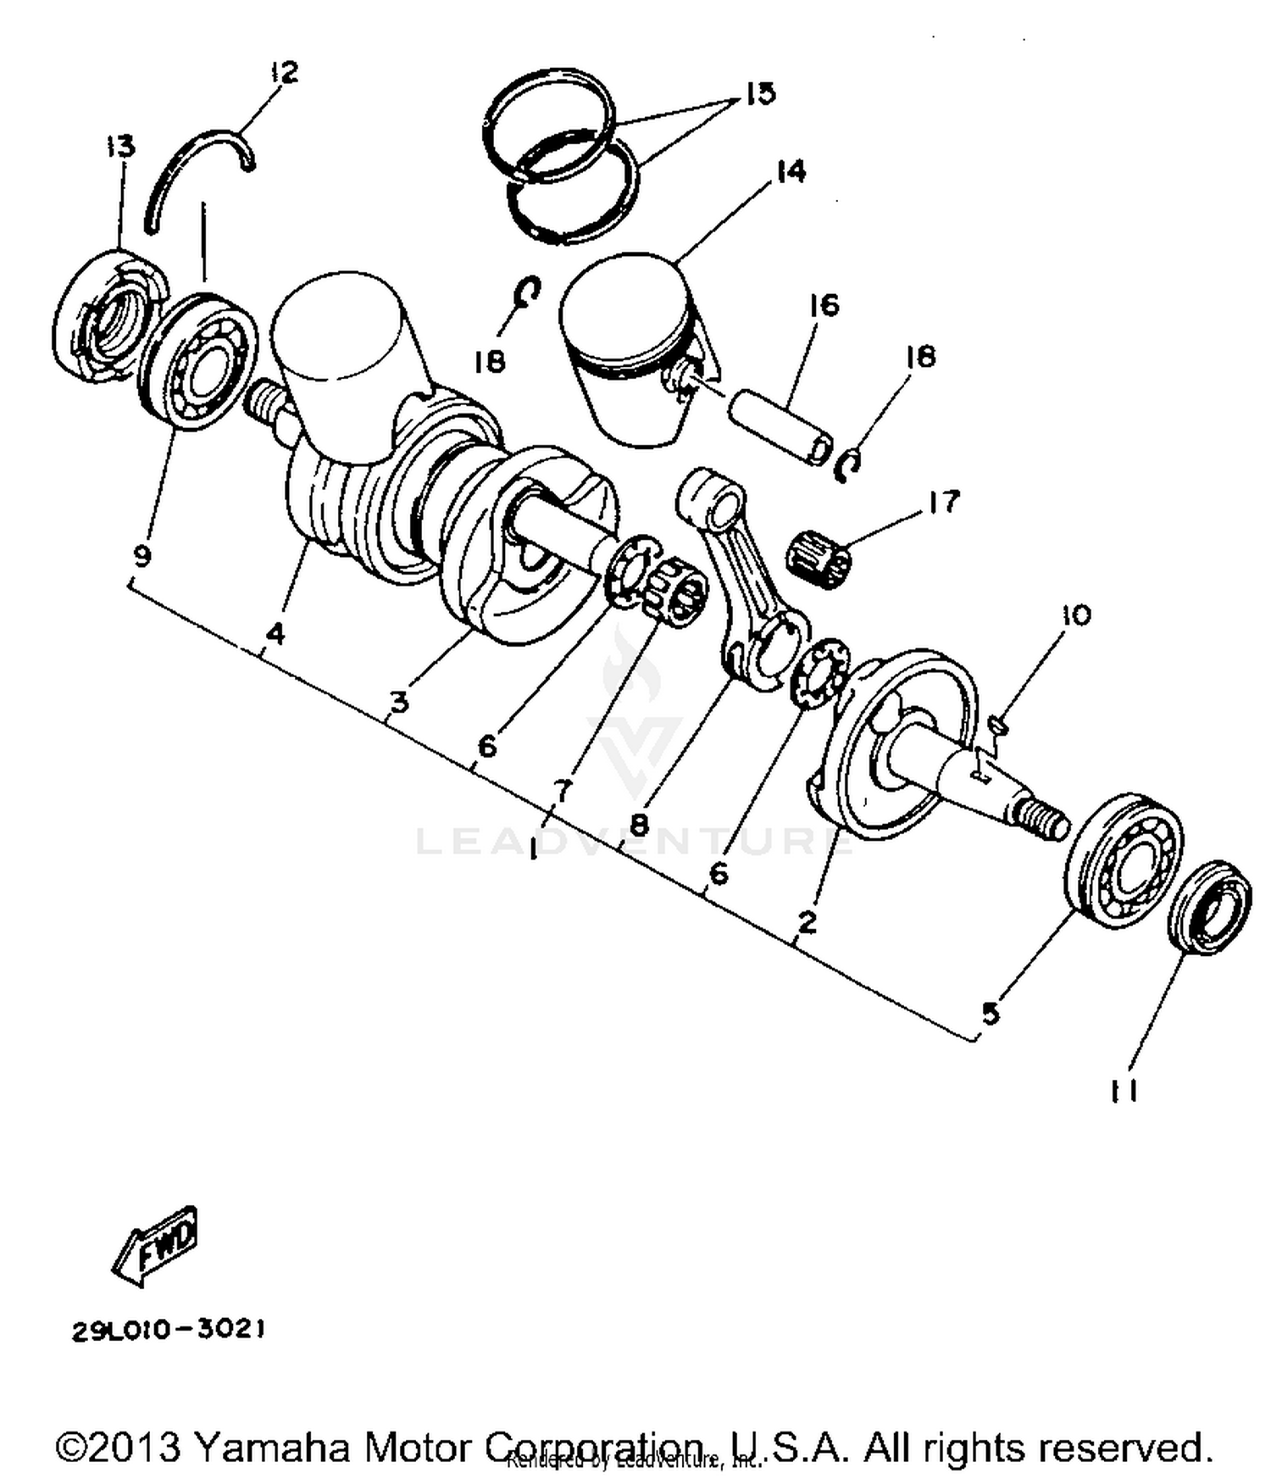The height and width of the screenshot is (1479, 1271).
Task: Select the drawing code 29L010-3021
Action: [x=169, y=1330]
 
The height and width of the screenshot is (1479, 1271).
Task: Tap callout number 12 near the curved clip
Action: [x=285, y=72]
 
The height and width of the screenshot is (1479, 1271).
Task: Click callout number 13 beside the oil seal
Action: [x=120, y=146]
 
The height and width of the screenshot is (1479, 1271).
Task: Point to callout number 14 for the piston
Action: [x=790, y=171]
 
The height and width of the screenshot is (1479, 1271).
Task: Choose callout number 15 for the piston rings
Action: [x=760, y=93]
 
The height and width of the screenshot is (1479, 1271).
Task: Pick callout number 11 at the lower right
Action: [x=1124, y=1091]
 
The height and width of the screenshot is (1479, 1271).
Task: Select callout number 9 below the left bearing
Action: [x=142, y=557]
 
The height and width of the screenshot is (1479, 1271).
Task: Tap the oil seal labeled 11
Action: [x=1209, y=907]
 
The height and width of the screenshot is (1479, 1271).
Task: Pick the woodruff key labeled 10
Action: [x=999, y=723]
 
